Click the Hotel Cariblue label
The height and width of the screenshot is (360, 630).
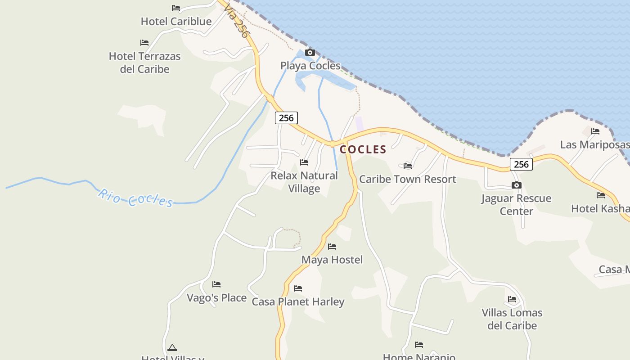176,21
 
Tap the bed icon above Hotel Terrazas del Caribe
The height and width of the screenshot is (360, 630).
144,43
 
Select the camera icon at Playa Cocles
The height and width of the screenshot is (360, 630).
310,53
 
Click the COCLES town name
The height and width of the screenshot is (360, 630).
363,149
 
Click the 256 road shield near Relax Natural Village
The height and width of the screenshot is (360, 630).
286,118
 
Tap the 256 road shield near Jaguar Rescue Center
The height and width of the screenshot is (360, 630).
521,164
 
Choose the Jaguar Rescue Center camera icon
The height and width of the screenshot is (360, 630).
516,185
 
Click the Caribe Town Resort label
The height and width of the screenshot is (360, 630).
407,179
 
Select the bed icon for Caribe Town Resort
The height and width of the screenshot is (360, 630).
408,166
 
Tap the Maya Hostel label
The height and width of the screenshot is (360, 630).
332,260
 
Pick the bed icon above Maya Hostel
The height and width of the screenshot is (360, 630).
332,247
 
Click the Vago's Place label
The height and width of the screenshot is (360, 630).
216,298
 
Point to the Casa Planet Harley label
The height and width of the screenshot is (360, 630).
298,301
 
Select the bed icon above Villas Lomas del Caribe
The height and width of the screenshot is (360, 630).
512,299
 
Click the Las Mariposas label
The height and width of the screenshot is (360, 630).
594,144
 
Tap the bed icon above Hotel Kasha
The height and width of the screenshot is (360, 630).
601,195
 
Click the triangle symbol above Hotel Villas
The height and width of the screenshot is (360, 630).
172,347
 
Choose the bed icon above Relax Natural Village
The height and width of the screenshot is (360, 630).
304,162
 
